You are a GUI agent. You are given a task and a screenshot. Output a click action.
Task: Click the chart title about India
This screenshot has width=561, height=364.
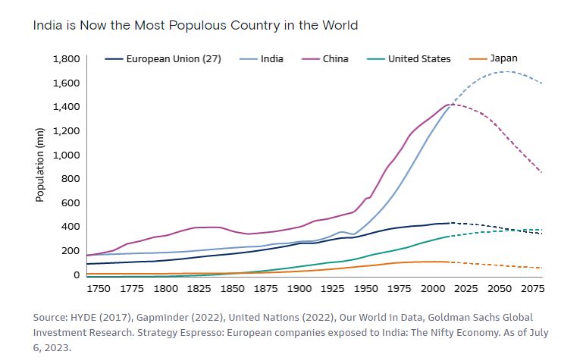point(196,26)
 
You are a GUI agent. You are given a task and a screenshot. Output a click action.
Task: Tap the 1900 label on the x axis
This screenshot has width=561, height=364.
point(300,289)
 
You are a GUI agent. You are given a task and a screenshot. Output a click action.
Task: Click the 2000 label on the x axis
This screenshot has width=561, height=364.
point(433,289)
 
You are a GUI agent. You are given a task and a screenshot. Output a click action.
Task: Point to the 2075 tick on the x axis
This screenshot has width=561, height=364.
point(532,289)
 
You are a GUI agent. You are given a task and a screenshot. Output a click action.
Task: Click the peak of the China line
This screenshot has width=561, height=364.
point(449,104)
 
